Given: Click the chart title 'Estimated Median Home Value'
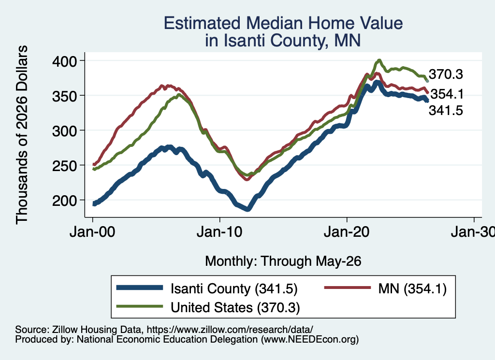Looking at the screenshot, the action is (x=283, y=23).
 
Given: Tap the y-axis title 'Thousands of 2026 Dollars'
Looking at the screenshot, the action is (x=22, y=135).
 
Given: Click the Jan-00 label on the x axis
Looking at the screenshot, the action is (x=92, y=232).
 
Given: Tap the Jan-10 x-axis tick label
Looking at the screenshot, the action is (x=219, y=232).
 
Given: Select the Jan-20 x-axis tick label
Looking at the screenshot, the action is (x=347, y=232).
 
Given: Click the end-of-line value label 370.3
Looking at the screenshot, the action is (x=446, y=74).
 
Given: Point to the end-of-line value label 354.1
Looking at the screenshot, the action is (x=447, y=94).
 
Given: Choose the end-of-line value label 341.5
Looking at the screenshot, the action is (x=446, y=111).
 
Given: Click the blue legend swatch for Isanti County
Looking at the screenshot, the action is (x=140, y=288).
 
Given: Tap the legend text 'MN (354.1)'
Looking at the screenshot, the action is (x=412, y=288).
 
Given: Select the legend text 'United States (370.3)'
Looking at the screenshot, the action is (x=235, y=307).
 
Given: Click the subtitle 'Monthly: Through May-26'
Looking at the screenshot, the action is (x=283, y=261).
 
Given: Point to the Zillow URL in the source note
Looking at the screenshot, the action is (x=230, y=330).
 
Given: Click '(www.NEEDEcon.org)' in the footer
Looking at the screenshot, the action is (x=310, y=340).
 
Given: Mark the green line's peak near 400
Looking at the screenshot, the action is (x=379, y=60).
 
